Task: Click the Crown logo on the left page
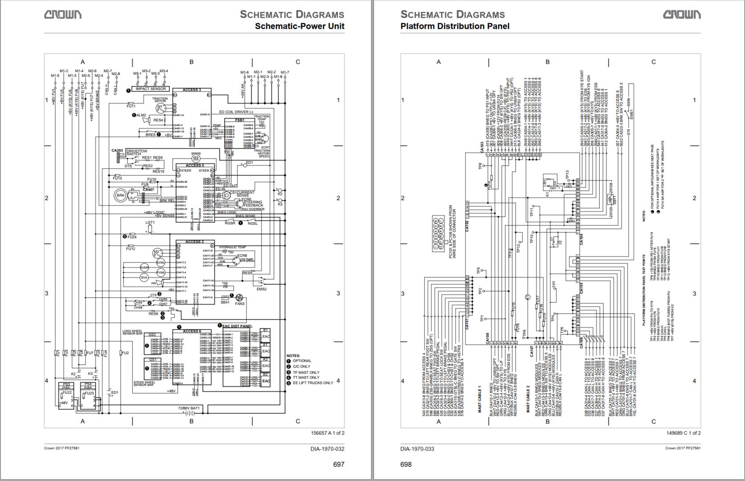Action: pyautogui.click(x=62, y=15)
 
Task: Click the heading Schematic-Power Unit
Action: pyautogui.click(x=299, y=26)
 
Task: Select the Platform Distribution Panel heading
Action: pyautogui.click(x=455, y=26)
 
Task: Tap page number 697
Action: pyautogui.click(x=339, y=464)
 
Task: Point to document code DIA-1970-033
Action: pyautogui.click(x=417, y=448)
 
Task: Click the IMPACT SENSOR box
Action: pyautogui.click(x=151, y=89)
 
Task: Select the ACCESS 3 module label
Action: pyautogui.click(x=192, y=90)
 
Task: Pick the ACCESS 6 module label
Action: pyautogui.click(x=192, y=331)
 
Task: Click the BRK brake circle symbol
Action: pyautogui.click(x=120, y=195)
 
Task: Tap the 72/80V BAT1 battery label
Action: pyautogui.click(x=189, y=408)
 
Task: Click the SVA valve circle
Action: pyautogui.click(x=144, y=277)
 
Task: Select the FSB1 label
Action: pyautogui.click(x=239, y=120)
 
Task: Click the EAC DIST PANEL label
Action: pyautogui.click(x=237, y=326)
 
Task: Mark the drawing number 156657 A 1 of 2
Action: pyautogui.click(x=327, y=433)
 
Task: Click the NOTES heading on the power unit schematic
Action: pyautogui.click(x=294, y=355)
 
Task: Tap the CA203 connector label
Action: pyautogui.click(x=117, y=151)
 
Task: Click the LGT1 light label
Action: pyautogui.click(x=150, y=222)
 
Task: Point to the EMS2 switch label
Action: pyautogui.click(x=262, y=289)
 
